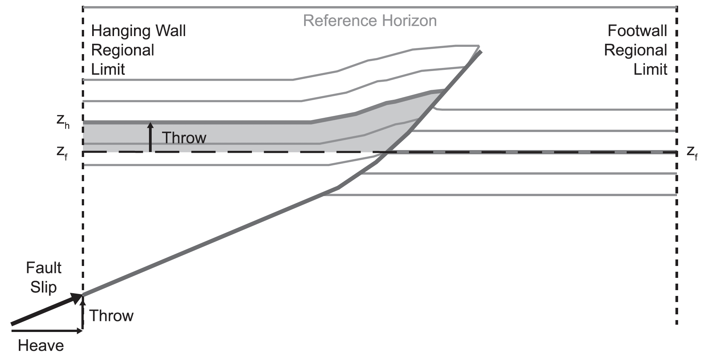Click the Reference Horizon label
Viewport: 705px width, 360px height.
pyautogui.click(x=370, y=21)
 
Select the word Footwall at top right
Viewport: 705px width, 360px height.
pyautogui.click(x=637, y=31)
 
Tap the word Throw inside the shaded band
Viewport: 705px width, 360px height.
pyautogui.click(x=184, y=138)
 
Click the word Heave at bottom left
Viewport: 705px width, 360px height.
pyautogui.click(x=41, y=346)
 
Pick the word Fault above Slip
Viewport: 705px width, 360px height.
pyautogui.click(x=43, y=268)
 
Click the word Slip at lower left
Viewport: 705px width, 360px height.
pyautogui.click(x=43, y=287)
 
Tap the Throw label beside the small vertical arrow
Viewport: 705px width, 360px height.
pyautogui.click(x=111, y=316)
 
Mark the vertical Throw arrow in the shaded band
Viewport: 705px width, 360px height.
pyautogui.click(x=150, y=137)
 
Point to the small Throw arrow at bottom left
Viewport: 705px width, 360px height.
pyautogui.click(x=82, y=313)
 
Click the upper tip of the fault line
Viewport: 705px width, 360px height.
pyautogui.click(x=480, y=51)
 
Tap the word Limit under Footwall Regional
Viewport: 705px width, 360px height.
pyautogui.click(x=650, y=69)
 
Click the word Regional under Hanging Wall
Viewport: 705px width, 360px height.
pyautogui.click(x=122, y=50)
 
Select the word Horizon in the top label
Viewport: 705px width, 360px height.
pyautogui.click(x=407, y=21)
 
